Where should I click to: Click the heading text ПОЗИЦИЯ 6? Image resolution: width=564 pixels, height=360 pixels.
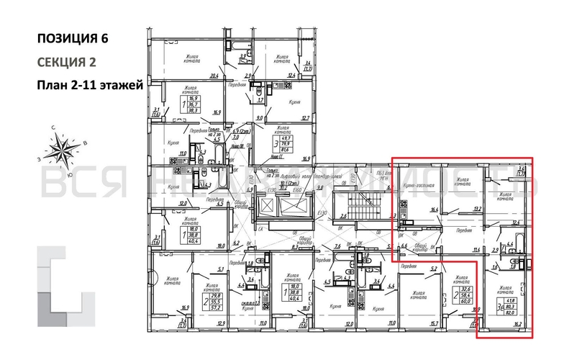pos(75,38)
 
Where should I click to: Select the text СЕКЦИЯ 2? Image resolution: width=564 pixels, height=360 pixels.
pos(66,62)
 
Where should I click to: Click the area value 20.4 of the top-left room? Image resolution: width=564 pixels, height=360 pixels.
pos(213,75)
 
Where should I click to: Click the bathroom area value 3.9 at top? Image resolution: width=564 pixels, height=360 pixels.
pos(243,56)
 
